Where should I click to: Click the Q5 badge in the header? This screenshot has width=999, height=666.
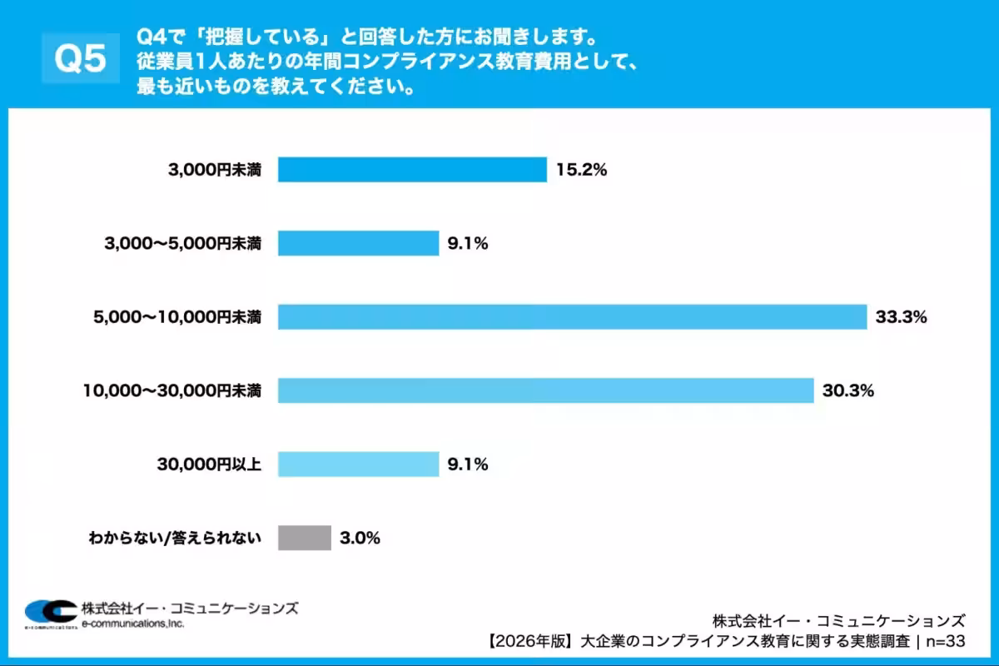[80, 58]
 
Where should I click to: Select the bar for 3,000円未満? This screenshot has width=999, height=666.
[412, 170]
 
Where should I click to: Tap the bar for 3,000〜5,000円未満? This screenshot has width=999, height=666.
[358, 244]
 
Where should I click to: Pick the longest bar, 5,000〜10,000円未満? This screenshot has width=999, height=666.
[573, 317]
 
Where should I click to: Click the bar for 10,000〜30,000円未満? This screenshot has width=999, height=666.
[545, 390]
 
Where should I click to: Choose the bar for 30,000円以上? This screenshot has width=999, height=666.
[358, 464]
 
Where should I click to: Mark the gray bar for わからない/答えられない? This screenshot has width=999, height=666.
[305, 538]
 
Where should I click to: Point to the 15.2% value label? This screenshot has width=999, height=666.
[583, 171]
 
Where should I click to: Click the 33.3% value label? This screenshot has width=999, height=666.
[901, 317]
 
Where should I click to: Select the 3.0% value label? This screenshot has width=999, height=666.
[360, 538]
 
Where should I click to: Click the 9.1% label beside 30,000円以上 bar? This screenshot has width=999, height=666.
[467, 464]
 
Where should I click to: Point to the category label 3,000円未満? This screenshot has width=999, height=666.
[214, 171]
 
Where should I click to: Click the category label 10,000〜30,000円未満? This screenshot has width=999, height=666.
[172, 390]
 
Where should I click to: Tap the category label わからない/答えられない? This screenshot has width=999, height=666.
[175, 538]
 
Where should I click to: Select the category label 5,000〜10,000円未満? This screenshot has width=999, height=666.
[178, 317]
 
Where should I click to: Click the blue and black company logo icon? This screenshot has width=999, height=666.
[49, 613]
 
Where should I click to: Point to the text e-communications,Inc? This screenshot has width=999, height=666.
[133, 623]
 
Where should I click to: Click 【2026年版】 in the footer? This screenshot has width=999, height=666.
[530, 642]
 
